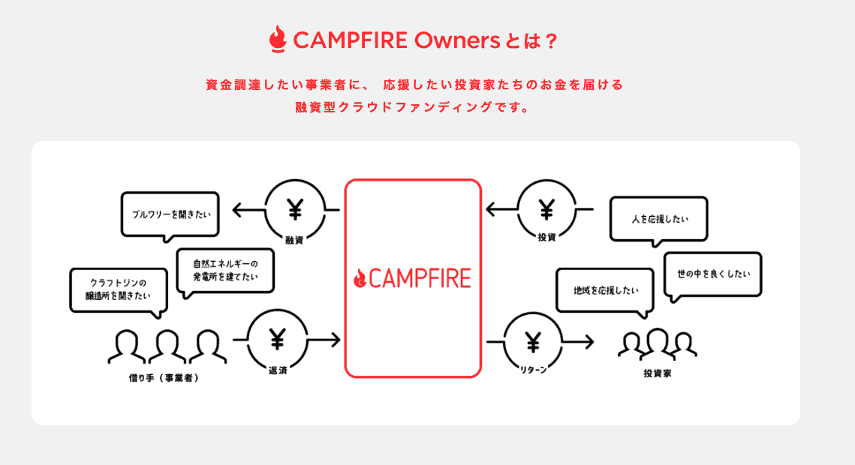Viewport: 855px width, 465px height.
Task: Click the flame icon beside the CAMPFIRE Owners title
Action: (x=278, y=40)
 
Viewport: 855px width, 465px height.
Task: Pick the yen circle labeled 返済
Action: (x=277, y=341)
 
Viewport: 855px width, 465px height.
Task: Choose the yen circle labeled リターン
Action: (x=532, y=342)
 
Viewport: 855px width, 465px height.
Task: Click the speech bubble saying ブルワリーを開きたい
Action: (x=170, y=214)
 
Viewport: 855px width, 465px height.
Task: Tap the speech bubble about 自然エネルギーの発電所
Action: (x=225, y=271)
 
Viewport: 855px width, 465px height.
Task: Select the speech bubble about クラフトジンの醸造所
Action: (x=118, y=289)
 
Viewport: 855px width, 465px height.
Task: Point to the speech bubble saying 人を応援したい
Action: (x=659, y=219)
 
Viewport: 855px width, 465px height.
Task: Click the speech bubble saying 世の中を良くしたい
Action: (x=713, y=274)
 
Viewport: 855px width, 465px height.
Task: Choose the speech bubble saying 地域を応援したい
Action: (x=604, y=289)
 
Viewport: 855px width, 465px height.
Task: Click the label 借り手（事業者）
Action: (x=163, y=377)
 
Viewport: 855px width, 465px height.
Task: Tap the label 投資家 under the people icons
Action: (x=658, y=373)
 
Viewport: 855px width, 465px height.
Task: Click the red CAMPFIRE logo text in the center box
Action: (x=412, y=277)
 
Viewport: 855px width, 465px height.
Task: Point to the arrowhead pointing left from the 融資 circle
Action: (x=237, y=211)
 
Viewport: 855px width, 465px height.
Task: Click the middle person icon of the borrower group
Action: (x=167, y=345)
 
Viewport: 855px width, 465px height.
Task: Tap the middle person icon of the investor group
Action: (x=658, y=342)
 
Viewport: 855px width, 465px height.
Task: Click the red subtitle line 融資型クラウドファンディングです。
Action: (x=414, y=106)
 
